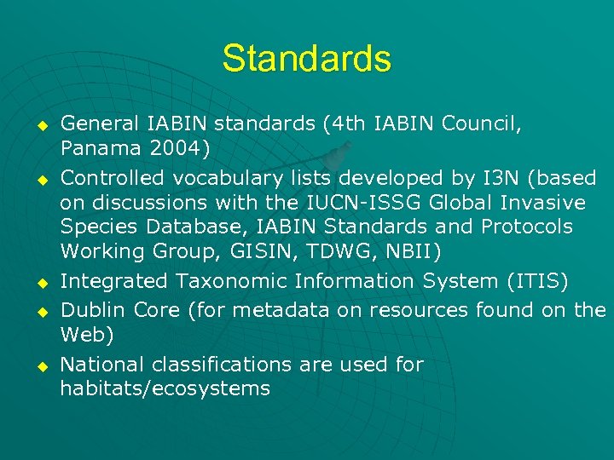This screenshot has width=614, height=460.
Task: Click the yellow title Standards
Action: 306,59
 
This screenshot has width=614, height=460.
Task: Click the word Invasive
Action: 543,203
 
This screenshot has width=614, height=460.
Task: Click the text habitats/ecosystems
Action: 165,389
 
